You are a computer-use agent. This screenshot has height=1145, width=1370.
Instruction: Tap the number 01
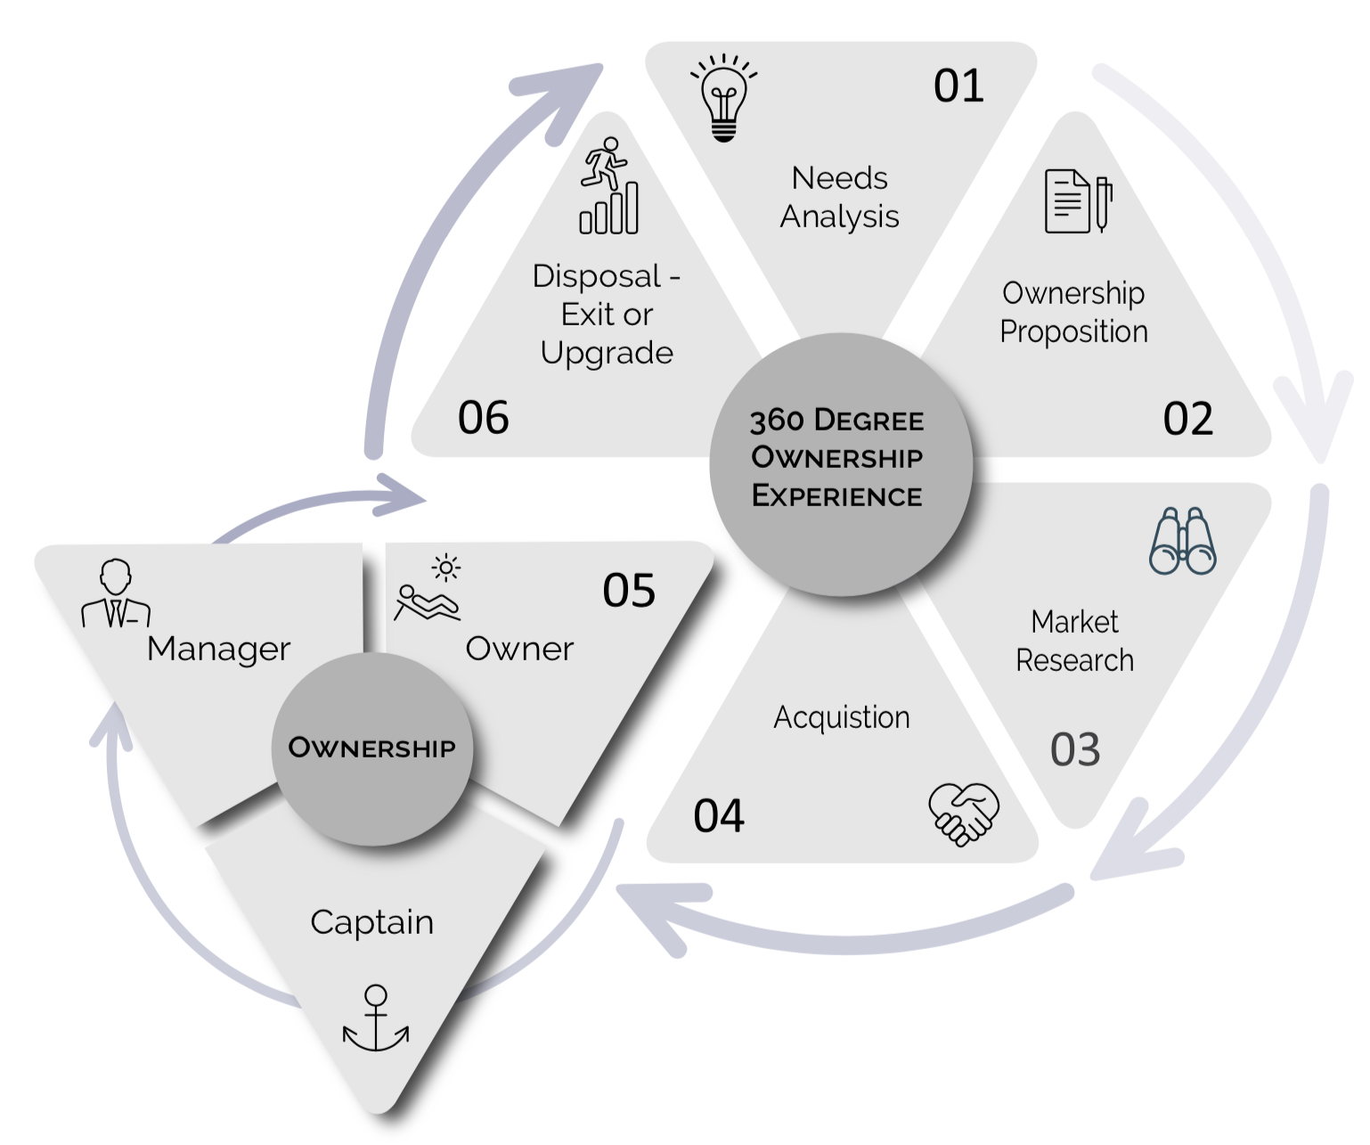pos(958,86)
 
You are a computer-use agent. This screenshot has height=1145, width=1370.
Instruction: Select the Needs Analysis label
pos(840,198)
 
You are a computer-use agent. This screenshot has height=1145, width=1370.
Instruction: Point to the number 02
pos(1187,419)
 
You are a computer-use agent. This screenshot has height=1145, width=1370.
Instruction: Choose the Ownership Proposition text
pos(1073,313)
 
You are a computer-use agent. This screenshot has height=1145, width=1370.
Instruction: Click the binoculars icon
pos(1183,541)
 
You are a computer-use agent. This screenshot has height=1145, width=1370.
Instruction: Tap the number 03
pos(1075,750)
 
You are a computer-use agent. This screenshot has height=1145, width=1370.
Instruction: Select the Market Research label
pos(1074,642)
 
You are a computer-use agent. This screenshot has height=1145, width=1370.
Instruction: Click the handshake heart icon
pos(964,814)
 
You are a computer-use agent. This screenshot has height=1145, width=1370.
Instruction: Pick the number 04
pos(719,816)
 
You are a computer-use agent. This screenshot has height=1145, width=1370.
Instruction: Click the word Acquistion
pos(842,717)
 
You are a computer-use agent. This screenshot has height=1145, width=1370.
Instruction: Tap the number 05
pos(629,591)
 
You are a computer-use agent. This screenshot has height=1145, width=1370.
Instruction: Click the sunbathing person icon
pos(429,591)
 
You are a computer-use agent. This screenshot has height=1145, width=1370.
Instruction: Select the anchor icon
pos(376,1020)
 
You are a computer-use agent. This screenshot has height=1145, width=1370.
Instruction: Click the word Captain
pos(372,922)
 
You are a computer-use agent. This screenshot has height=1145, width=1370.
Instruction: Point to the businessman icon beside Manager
pos(116,594)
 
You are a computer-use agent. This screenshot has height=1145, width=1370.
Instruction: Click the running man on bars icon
pos(608,186)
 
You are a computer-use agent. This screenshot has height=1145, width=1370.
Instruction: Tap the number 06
pos(483,418)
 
